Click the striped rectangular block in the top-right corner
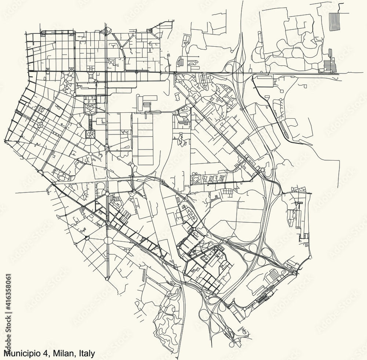(334, 21)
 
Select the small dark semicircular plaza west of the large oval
(87, 238)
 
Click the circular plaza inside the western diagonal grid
(39, 125)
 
